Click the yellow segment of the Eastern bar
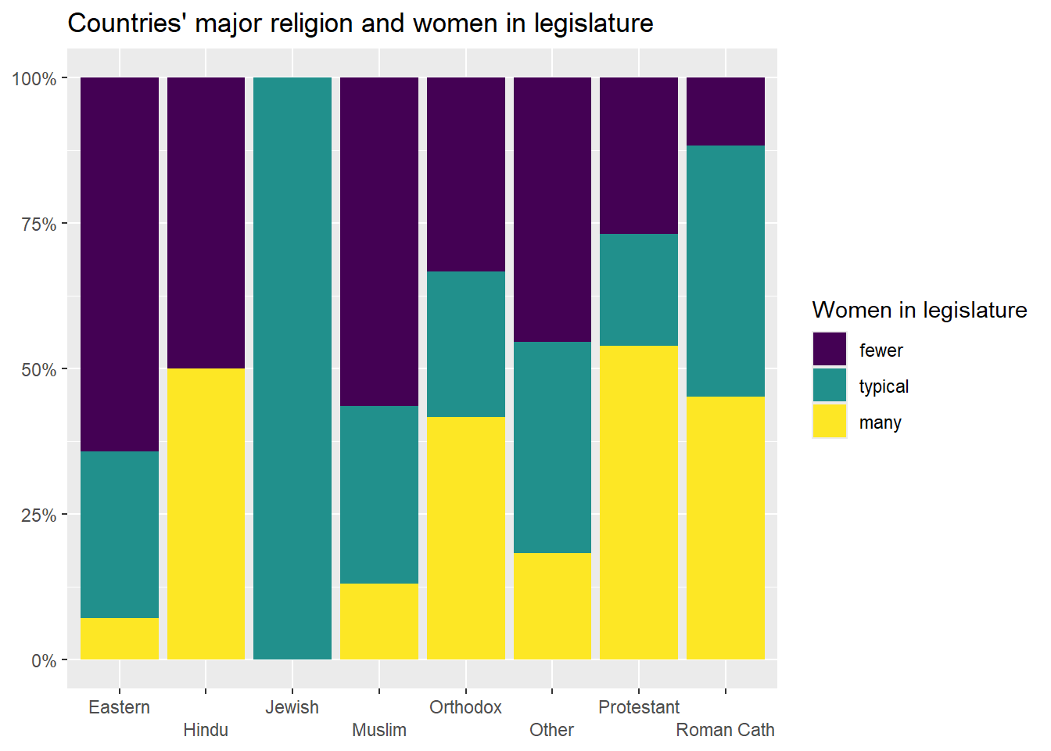pos(120,638)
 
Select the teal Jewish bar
pos(292,368)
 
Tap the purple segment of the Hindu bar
pos(206,223)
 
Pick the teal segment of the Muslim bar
pos(379,494)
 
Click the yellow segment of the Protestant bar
pos(639,502)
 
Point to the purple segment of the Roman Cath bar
pos(726,111)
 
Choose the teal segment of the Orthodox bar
pos(466,344)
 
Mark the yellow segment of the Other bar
pos(552,605)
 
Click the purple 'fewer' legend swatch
pos(830,350)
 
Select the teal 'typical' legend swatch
pos(830,386)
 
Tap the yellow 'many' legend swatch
pos(830,422)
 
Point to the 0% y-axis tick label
pos(44,661)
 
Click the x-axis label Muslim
pos(379,730)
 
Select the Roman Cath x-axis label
pos(726,730)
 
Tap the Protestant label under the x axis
pos(639,707)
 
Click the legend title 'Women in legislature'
pos(920,311)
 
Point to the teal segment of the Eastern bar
pos(120,534)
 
